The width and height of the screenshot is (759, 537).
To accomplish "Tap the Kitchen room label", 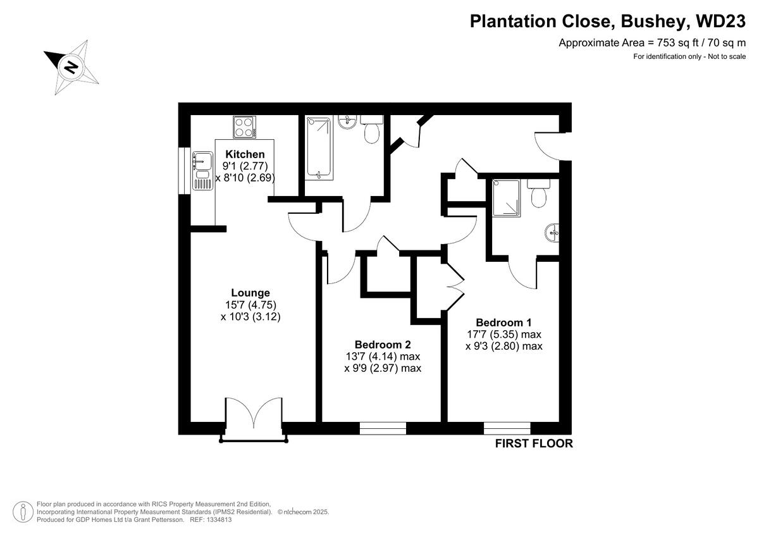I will (x=245, y=154).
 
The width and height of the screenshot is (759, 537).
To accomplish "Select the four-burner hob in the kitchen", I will (x=244, y=127).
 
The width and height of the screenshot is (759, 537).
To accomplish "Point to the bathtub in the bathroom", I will (x=319, y=147).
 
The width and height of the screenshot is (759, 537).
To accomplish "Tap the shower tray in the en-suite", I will (x=504, y=198).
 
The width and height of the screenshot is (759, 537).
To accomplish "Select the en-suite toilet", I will (x=540, y=194).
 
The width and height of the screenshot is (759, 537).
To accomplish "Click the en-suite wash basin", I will (x=552, y=233).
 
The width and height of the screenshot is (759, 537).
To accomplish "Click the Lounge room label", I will (x=250, y=293).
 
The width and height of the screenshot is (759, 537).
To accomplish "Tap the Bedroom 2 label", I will (x=383, y=345).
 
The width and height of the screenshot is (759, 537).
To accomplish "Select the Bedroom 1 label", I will (x=504, y=322).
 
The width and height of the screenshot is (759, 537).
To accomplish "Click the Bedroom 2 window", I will (x=383, y=428).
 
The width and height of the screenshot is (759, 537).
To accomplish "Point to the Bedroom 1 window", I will (x=507, y=428).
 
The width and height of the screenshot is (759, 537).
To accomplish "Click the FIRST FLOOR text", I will (x=534, y=443).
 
